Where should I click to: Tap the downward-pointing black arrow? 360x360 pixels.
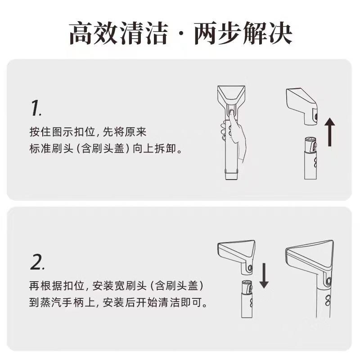tap(264, 274)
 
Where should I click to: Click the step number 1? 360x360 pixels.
tap(36, 108)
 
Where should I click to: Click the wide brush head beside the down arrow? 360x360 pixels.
tap(236, 255)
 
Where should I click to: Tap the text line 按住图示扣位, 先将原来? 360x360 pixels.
tap(88, 132)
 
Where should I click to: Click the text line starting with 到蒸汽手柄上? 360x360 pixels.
tap(119, 302)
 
